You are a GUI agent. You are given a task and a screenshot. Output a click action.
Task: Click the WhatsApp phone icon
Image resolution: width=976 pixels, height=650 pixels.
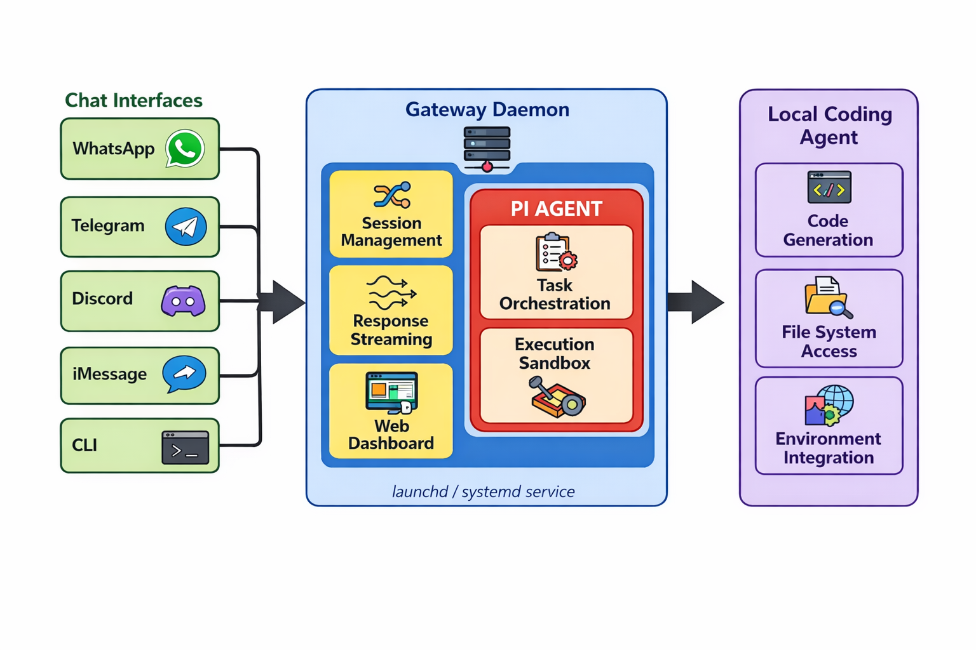point(185,149)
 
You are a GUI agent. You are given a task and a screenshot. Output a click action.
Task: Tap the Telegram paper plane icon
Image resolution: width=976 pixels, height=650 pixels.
point(186,227)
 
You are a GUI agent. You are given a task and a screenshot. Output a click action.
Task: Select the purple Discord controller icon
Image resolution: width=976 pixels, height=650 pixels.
point(183,301)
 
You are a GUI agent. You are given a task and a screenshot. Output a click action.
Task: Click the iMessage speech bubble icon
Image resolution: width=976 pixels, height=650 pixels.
point(184,374)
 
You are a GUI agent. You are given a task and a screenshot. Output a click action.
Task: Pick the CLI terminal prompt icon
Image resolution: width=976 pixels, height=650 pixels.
point(185,448)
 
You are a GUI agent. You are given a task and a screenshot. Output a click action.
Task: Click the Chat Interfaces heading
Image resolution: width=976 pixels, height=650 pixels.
point(133,100)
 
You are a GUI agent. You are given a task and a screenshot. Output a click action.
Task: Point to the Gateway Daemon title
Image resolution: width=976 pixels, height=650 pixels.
point(487,109)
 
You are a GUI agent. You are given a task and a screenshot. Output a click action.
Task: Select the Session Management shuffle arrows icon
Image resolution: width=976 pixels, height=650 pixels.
point(392,196)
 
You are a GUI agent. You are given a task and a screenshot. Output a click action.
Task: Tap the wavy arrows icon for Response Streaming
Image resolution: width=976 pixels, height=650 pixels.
point(391,292)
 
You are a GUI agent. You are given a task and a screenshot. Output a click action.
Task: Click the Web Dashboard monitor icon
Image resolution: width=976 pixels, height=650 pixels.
point(391,392)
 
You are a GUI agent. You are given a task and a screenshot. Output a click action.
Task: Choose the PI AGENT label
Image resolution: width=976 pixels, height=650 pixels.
point(556,209)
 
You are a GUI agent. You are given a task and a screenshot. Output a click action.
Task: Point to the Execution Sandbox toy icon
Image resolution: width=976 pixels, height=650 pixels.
point(557,397)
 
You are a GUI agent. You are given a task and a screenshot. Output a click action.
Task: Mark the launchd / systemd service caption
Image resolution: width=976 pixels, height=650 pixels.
point(483,491)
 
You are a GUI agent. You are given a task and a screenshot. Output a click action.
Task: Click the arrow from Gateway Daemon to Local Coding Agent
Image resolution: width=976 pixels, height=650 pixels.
point(696,302)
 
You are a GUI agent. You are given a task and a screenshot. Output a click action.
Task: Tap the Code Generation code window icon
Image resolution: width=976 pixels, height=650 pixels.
point(829,187)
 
